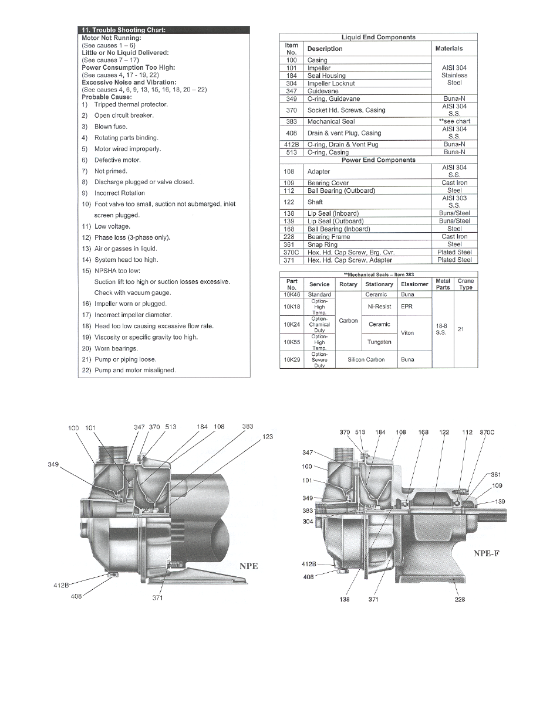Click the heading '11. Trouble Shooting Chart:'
pos(123,30)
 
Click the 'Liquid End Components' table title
pos(378,38)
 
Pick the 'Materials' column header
pos(449,49)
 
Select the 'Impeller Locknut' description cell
pos(331,83)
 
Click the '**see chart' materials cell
pos(454,121)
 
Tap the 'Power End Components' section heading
pos(378,160)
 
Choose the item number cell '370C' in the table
pos(291,252)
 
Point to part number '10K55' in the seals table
pos(292,342)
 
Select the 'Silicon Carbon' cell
pos(366,359)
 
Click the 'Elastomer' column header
pos(414,284)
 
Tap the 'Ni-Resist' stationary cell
pos(379,307)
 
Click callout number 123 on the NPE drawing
pos(268,437)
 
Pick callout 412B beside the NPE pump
pos(61,585)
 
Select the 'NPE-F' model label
pos(486,553)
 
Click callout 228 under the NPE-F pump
pos(460,599)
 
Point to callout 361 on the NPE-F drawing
pos(495,474)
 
